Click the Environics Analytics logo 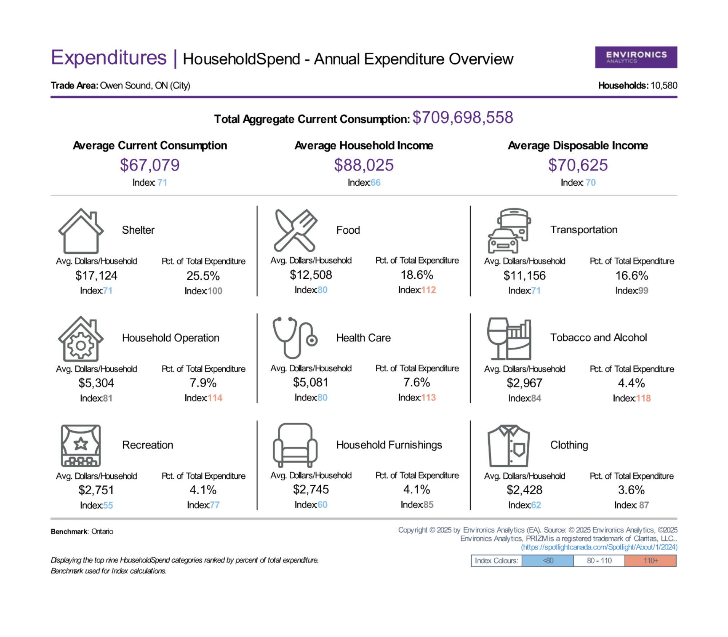(x=636, y=57)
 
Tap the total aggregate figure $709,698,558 (x=463, y=118)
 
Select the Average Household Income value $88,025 (x=364, y=165)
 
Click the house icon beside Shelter (x=81, y=231)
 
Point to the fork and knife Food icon (x=295, y=230)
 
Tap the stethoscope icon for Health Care (x=295, y=338)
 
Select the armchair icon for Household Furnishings (x=295, y=445)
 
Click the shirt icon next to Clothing (x=509, y=446)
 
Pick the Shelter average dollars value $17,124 (x=96, y=276)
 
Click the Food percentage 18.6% (x=417, y=275)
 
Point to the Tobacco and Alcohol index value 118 (x=643, y=398)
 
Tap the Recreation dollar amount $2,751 (x=96, y=490)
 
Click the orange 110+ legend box (x=650, y=561)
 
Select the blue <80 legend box (x=548, y=561)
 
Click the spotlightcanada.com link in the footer (x=599, y=547)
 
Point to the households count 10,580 (x=664, y=86)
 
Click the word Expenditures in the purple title (x=108, y=58)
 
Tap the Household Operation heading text (x=171, y=338)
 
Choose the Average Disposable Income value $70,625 (x=578, y=165)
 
